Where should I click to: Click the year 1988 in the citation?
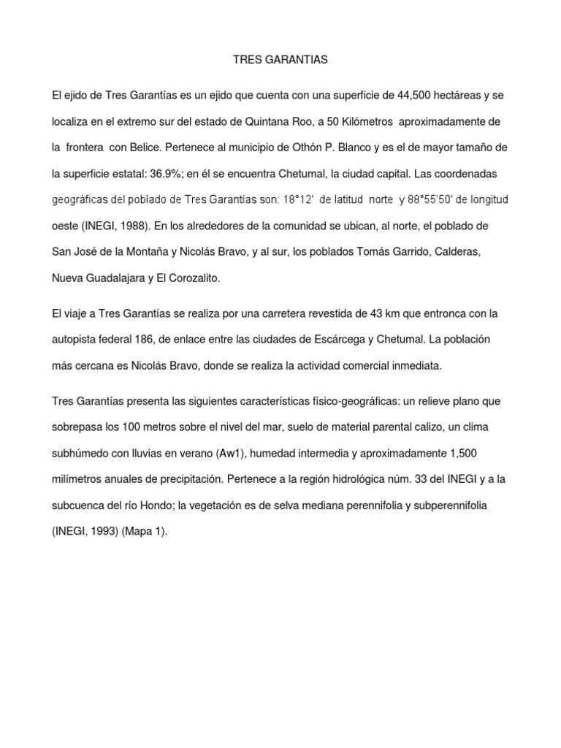tap(126, 226)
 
